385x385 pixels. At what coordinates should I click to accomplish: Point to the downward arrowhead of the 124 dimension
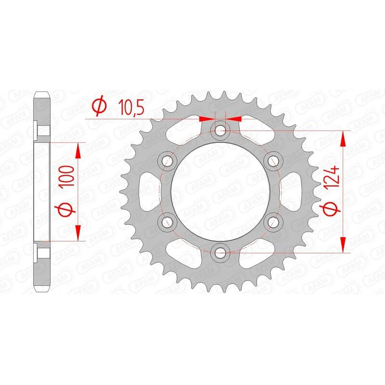pos(343,243)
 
